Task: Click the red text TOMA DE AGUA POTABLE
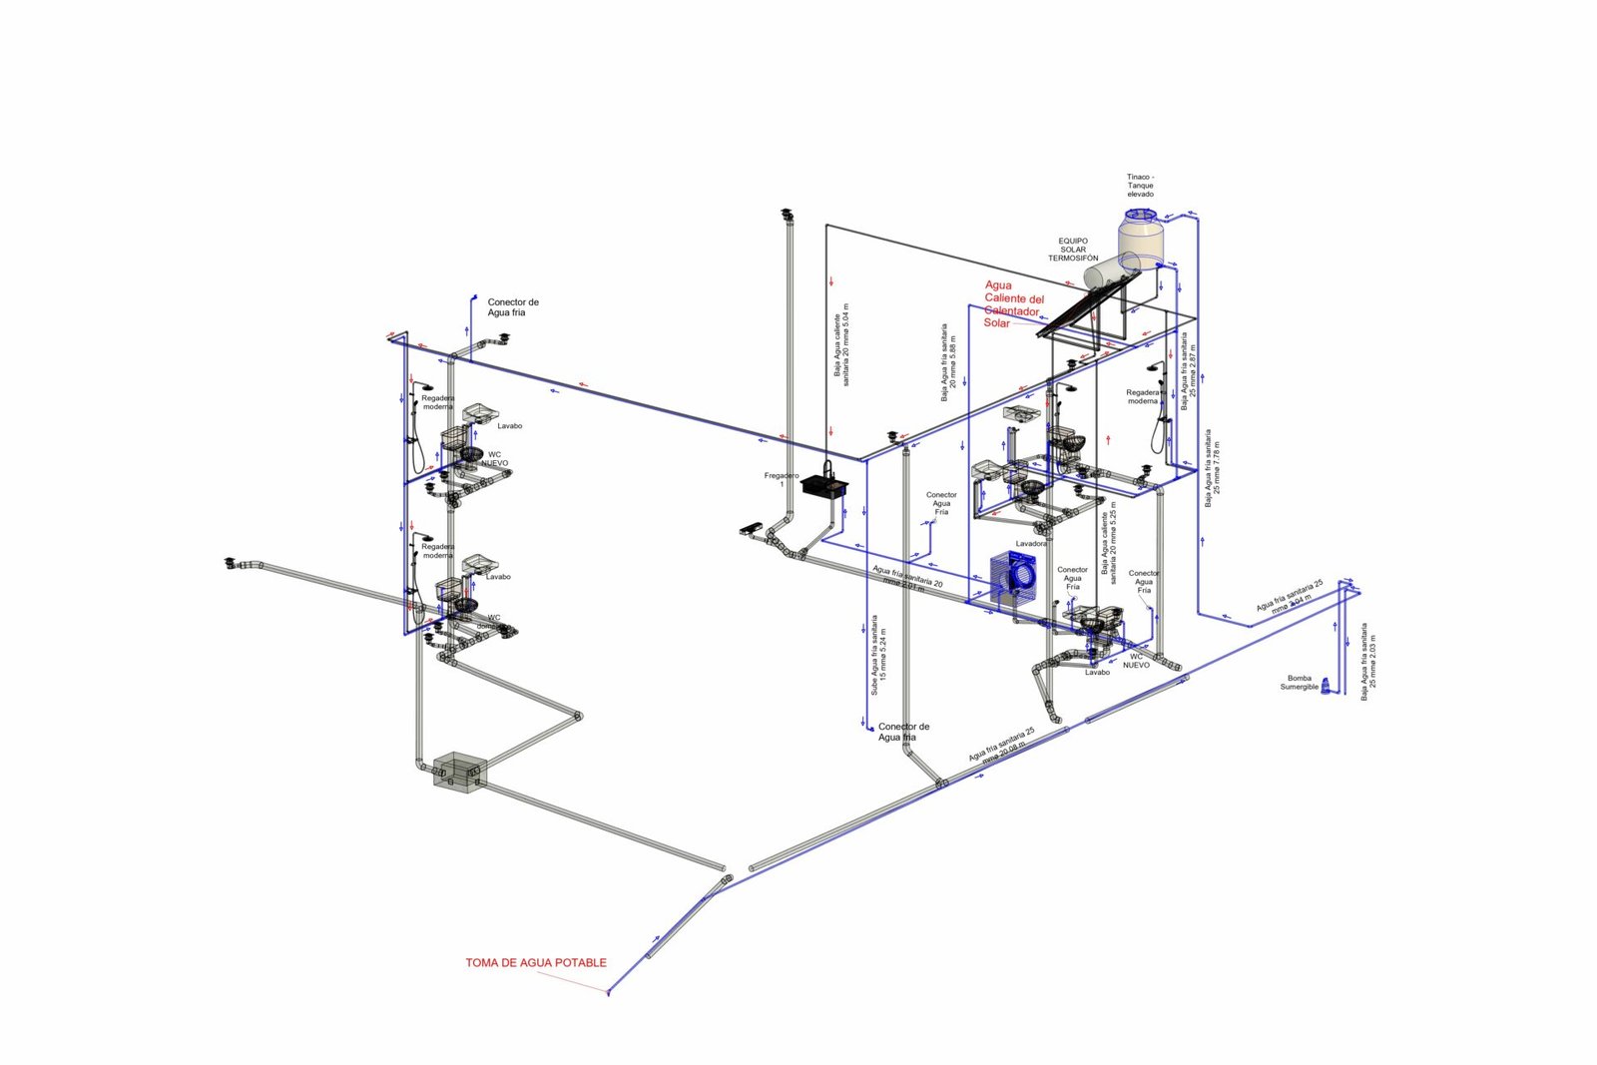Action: point(535,963)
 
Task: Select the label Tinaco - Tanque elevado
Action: point(1140,186)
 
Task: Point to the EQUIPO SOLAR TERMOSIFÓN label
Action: point(1073,250)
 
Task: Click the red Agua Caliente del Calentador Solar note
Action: point(1013,303)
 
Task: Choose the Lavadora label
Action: point(1031,544)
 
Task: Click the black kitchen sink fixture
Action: point(824,486)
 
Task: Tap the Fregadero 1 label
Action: point(781,479)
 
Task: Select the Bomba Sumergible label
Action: point(1299,683)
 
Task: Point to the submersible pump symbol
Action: point(1327,688)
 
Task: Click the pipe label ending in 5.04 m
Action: point(841,344)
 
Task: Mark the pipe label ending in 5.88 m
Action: point(948,361)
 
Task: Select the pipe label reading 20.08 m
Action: point(1002,745)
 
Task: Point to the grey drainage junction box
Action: point(458,771)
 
